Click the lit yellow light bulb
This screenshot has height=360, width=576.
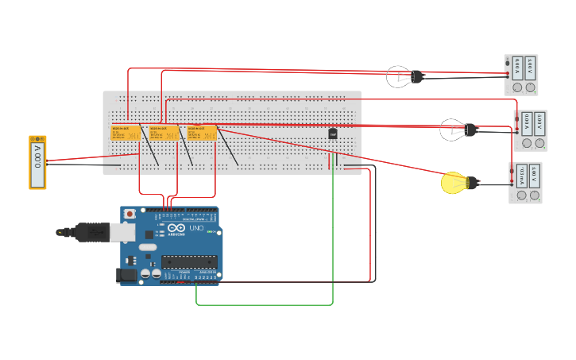coord(453,183)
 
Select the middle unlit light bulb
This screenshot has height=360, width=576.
coord(451,129)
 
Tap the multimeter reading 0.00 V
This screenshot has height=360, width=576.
coord(37,162)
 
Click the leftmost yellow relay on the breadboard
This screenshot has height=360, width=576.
coord(125,133)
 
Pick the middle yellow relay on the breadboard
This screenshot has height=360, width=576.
coord(164,133)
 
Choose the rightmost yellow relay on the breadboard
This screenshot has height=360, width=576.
coord(202,133)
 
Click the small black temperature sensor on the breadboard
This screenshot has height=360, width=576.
coord(333,134)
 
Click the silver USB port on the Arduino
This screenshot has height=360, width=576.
coord(121,231)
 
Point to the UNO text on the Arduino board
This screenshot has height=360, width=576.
coord(195,229)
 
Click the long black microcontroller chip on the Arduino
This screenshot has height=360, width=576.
coord(189,261)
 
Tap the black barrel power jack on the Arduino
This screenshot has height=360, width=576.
coord(124,275)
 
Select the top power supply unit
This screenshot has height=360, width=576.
coord(521,75)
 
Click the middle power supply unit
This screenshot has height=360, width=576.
coord(530,130)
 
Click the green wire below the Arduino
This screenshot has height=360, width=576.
coord(262,304)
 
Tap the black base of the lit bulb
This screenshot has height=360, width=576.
coord(471,183)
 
